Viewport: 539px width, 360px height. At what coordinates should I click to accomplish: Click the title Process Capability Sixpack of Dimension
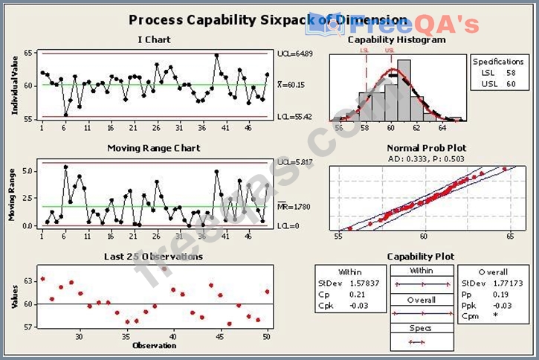point(268,20)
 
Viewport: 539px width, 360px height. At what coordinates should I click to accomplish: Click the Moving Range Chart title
point(153,148)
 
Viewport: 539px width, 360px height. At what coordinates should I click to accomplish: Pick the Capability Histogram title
point(396,40)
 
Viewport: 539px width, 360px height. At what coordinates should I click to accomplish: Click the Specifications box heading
point(498,61)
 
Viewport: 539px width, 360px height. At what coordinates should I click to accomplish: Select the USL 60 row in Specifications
point(498,83)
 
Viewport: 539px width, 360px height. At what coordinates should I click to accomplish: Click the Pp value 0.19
point(496,294)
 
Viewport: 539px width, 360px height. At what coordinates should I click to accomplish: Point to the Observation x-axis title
point(153,345)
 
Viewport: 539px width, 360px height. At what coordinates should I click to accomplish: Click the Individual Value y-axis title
point(15,86)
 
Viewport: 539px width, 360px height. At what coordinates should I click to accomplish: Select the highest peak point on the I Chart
point(216,55)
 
